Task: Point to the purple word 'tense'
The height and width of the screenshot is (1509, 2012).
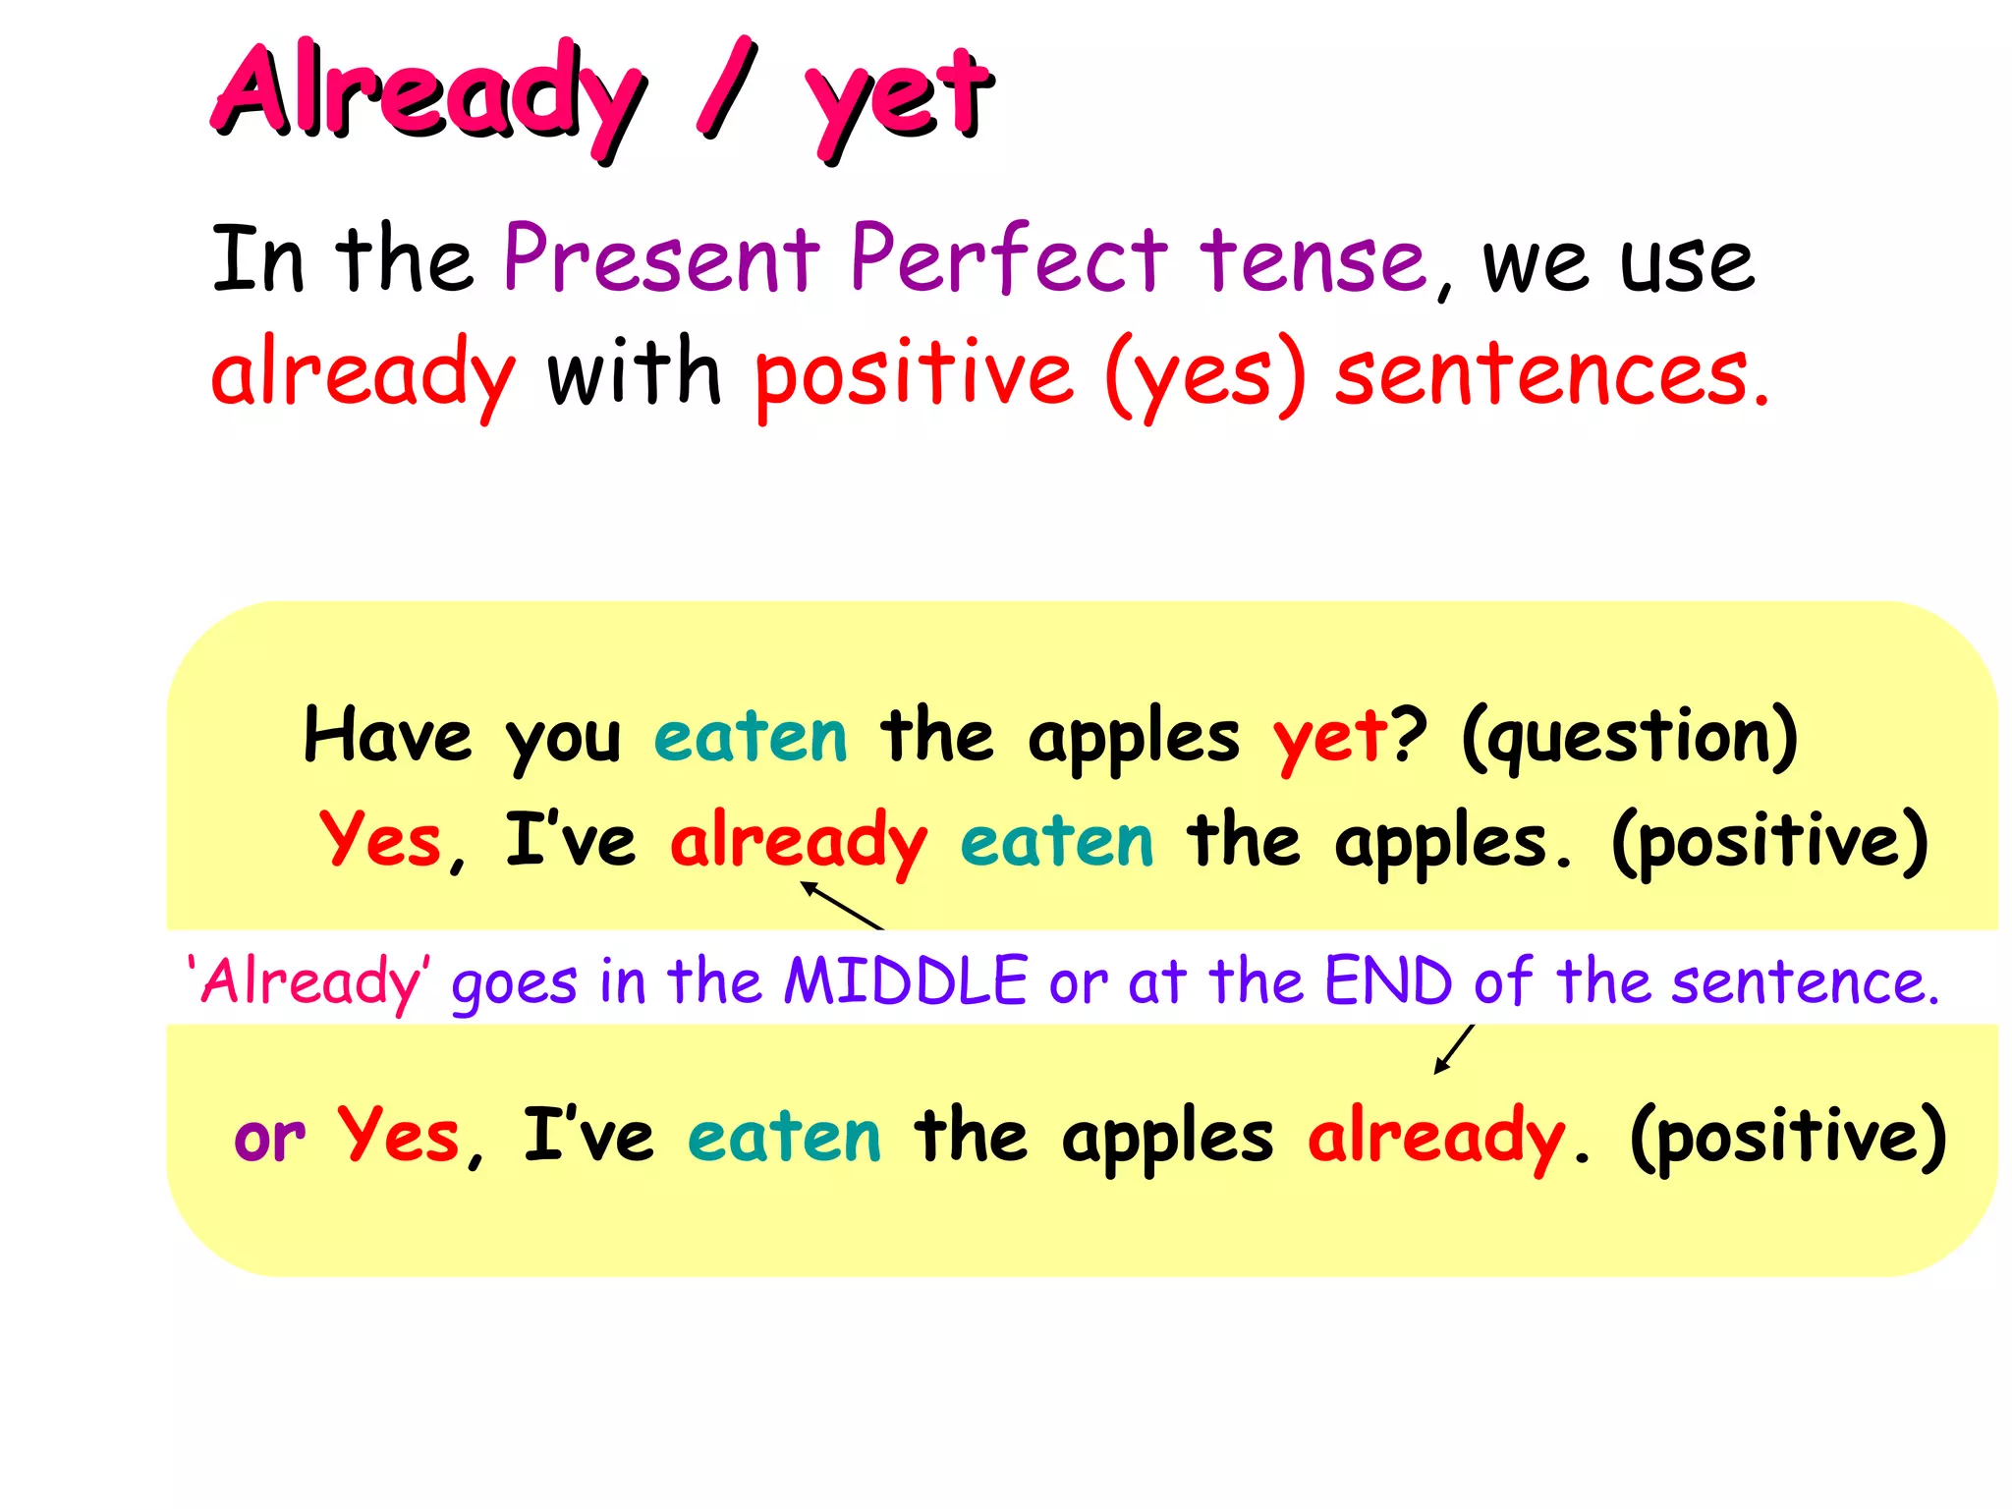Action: point(1313,261)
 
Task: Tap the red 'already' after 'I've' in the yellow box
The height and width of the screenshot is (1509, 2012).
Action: point(798,843)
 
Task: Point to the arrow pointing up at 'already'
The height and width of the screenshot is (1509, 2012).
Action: point(842,905)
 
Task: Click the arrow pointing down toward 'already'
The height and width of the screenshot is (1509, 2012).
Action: point(1454,1049)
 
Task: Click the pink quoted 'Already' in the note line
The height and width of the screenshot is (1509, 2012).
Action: point(308,982)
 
